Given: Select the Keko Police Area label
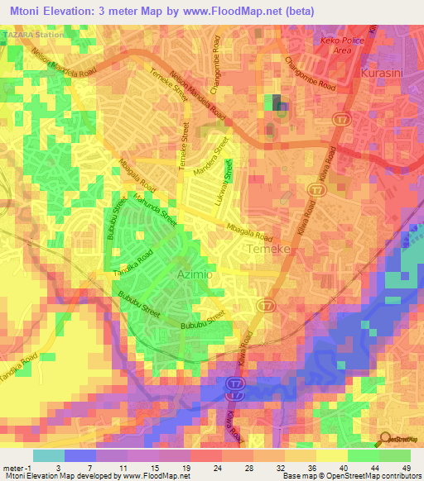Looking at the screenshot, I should point(342,45).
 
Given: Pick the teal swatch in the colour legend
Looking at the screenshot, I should point(48,455).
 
